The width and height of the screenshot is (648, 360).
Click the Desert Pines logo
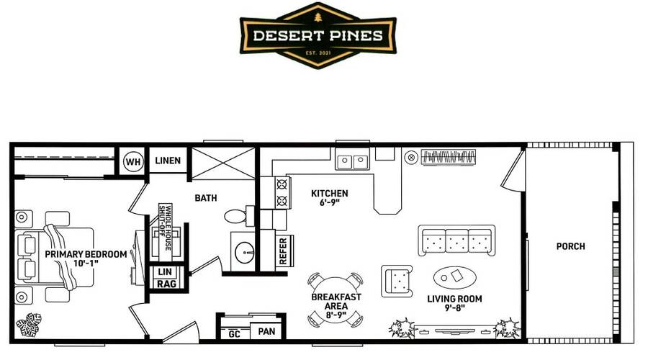318,35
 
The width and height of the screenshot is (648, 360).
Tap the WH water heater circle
133,161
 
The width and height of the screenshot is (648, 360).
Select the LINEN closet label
168,161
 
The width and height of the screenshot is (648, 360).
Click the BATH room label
206,198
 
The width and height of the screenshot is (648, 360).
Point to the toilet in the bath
239,215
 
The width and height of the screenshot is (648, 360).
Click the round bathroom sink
244,252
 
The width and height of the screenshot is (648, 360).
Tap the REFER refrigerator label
283,251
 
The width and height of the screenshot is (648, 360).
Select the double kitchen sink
353,161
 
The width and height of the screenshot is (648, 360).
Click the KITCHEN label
330,193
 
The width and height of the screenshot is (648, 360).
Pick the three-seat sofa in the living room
456,240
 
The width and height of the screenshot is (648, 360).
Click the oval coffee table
454,277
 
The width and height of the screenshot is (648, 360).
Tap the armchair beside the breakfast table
397,281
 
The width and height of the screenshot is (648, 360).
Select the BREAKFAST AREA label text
336,301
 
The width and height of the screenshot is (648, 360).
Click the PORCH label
571,246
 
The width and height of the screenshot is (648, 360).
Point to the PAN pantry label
266,331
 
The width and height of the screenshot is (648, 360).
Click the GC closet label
234,334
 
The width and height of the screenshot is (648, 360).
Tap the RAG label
166,284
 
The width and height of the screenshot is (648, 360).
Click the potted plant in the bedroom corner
29,325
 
